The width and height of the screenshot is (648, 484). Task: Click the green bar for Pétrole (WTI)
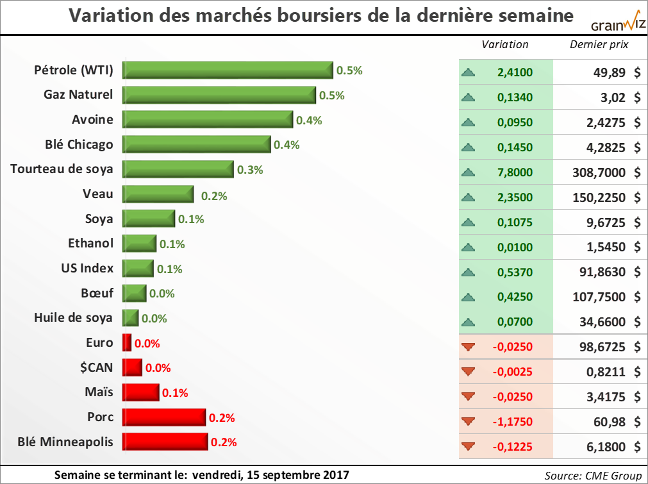(x=228, y=71)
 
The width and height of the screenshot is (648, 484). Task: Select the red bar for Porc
(x=165, y=417)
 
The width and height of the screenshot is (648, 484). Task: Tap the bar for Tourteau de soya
(x=178, y=169)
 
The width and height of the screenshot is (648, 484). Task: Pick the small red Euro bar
(x=127, y=343)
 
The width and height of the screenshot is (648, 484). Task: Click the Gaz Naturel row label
(x=78, y=95)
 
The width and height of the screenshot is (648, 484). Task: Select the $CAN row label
(x=95, y=367)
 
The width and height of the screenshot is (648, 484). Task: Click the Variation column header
(x=505, y=44)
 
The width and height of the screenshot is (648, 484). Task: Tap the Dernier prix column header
(x=599, y=44)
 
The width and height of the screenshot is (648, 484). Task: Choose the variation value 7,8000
(x=515, y=172)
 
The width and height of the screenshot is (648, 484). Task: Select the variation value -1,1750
(x=513, y=422)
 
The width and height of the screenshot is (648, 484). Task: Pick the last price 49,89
(x=610, y=72)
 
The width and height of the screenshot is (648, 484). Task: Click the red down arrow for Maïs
(x=469, y=397)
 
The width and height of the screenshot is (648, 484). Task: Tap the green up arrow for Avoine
(x=469, y=122)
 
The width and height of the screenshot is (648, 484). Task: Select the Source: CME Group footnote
(x=593, y=475)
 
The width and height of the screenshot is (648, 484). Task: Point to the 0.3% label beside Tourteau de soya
(x=251, y=170)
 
